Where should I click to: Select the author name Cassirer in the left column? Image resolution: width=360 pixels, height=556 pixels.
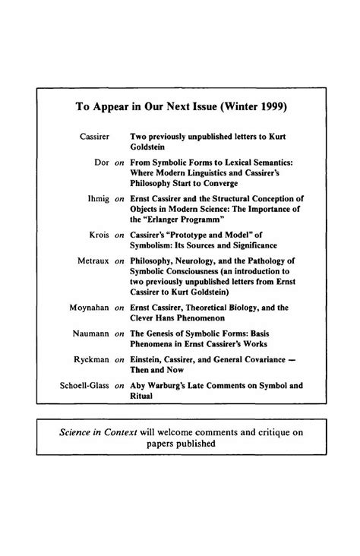click(x=96, y=136)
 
